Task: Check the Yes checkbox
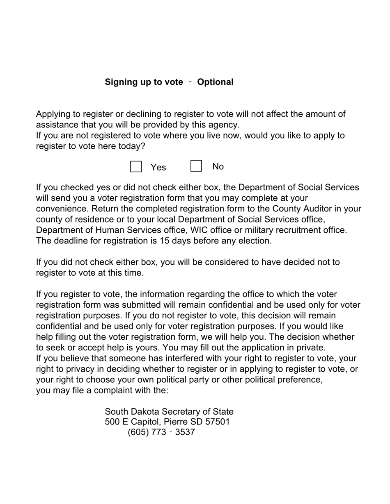point(136,166)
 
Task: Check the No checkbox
point(196,166)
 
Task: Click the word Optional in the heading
point(215,82)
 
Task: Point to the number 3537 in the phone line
point(185,432)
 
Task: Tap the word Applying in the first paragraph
point(52,114)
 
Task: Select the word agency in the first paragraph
point(224,125)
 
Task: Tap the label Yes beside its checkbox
point(158,167)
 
